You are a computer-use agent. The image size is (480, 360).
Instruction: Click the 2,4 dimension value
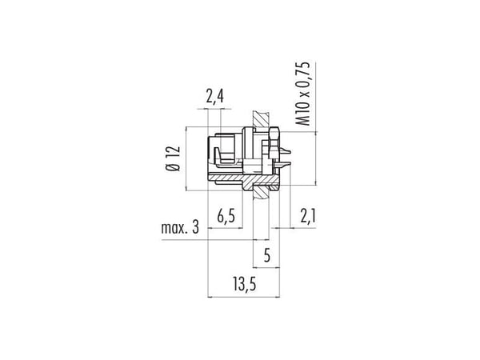(214, 97)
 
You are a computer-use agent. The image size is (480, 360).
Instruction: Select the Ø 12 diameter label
(174, 158)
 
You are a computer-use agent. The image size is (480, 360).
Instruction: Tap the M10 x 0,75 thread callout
(302, 94)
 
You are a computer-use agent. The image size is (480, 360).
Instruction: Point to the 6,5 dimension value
(226, 217)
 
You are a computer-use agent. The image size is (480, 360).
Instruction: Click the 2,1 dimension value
(308, 217)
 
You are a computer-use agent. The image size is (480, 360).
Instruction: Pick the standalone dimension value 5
(267, 255)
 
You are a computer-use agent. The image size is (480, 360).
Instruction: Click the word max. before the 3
(174, 228)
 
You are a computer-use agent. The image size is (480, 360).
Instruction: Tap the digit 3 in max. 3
(196, 228)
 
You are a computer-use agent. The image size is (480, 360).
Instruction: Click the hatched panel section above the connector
(261, 120)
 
